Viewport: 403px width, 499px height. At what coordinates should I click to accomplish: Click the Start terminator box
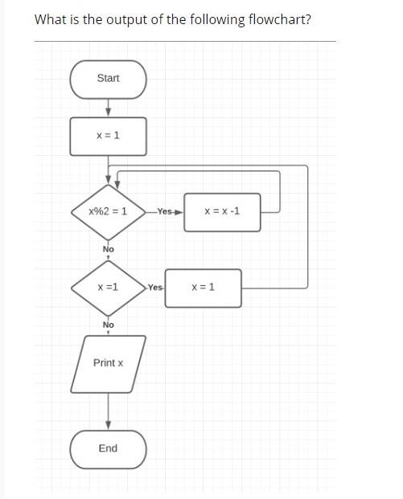(108, 79)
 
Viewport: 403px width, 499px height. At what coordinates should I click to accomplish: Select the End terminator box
(108, 448)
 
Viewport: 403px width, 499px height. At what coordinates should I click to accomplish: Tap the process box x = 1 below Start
(108, 136)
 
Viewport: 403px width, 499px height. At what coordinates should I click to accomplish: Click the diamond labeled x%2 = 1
(108, 212)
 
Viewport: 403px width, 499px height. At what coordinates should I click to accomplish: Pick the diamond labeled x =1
(108, 287)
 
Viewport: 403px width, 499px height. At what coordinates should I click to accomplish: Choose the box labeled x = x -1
(222, 212)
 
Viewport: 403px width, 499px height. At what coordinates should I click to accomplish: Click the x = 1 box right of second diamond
(203, 288)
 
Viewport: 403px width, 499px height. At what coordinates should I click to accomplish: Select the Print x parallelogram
(108, 363)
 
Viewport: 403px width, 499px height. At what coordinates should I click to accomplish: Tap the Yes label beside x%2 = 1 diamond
(165, 212)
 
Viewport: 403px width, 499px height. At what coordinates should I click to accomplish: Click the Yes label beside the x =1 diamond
(155, 288)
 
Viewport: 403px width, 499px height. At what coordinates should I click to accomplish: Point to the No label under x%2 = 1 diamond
(109, 249)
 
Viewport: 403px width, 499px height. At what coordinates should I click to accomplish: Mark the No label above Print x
(108, 325)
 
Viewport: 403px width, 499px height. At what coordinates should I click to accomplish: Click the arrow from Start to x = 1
(108, 108)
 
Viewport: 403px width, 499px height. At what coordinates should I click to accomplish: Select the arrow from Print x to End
(108, 411)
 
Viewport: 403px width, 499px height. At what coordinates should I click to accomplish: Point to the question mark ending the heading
(308, 18)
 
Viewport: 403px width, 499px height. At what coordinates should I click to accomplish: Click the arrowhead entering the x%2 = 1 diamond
(108, 186)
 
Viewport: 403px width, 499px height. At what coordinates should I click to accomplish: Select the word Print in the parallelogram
(104, 363)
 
